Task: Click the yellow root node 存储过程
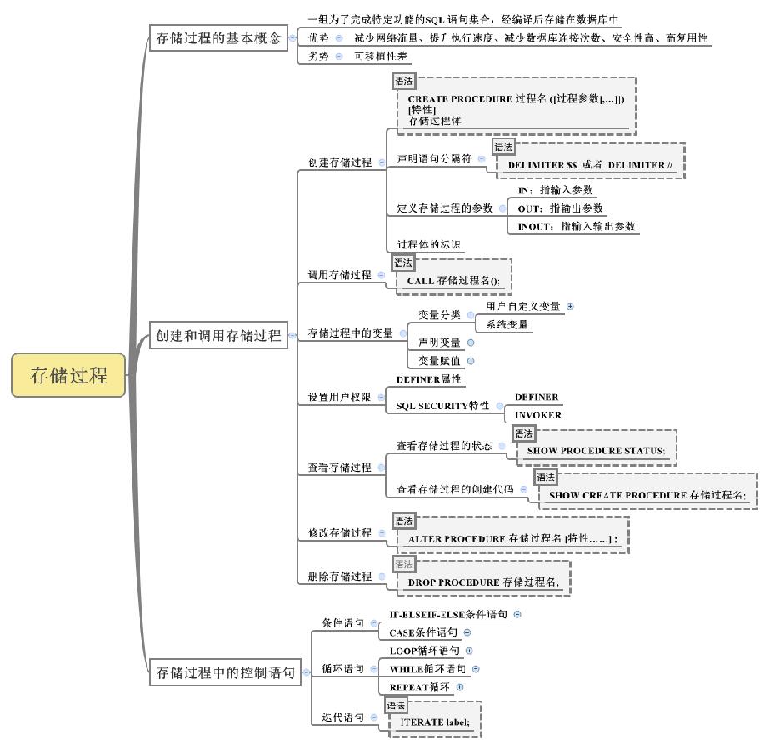point(69,375)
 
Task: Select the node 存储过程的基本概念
point(218,38)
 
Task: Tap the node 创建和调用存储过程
point(218,337)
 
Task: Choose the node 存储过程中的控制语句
point(225,673)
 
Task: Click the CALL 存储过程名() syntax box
point(454,281)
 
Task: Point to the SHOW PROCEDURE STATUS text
point(597,451)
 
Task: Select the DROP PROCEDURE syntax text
point(484,582)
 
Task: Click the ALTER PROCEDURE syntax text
point(512,539)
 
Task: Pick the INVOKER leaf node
point(537,414)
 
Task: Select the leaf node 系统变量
point(507,324)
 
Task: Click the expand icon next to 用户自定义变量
point(571,306)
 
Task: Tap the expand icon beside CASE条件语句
point(467,632)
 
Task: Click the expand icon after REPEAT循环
point(459,687)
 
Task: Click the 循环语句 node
point(342,668)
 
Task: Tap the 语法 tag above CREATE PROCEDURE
point(404,82)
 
